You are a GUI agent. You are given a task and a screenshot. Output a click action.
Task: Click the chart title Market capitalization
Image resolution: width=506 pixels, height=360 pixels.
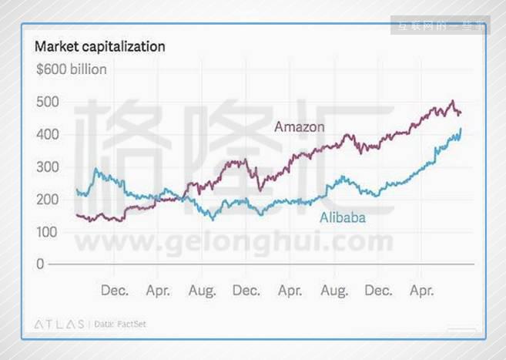pyautogui.click(x=100, y=46)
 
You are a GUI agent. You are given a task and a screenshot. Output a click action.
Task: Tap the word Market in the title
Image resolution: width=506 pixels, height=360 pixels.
pyautogui.click(x=56, y=46)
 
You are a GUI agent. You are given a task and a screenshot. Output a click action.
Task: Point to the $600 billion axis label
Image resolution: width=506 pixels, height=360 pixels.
pyautogui.click(x=72, y=69)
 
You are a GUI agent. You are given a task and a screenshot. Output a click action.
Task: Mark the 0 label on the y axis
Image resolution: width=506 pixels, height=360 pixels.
pyautogui.click(x=41, y=264)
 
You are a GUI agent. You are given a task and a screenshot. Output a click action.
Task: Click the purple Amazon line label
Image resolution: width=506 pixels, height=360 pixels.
pyautogui.click(x=300, y=126)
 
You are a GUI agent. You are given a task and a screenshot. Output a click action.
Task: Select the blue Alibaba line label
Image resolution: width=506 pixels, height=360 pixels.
pyautogui.click(x=343, y=218)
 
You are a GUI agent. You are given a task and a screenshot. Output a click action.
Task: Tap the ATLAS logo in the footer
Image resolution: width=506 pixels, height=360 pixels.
pyautogui.click(x=59, y=325)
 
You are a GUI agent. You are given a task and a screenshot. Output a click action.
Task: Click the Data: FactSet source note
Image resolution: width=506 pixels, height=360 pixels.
pyautogui.click(x=120, y=325)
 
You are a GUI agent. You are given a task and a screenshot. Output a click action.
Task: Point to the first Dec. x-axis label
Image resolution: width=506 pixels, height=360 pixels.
pyautogui.click(x=115, y=291)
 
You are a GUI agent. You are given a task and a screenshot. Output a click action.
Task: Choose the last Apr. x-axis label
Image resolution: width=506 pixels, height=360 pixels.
pyautogui.click(x=421, y=291)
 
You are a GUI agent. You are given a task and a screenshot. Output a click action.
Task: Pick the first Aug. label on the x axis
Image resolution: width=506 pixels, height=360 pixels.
pyautogui.click(x=202, y=291)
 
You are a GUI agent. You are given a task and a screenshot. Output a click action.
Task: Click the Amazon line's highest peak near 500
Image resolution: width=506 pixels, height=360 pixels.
pyautogui.click(x=453, y=101)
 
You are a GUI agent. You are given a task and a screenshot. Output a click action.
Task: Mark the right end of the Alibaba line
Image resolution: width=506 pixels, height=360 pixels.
pyautogui.click(x=461, y=130)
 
